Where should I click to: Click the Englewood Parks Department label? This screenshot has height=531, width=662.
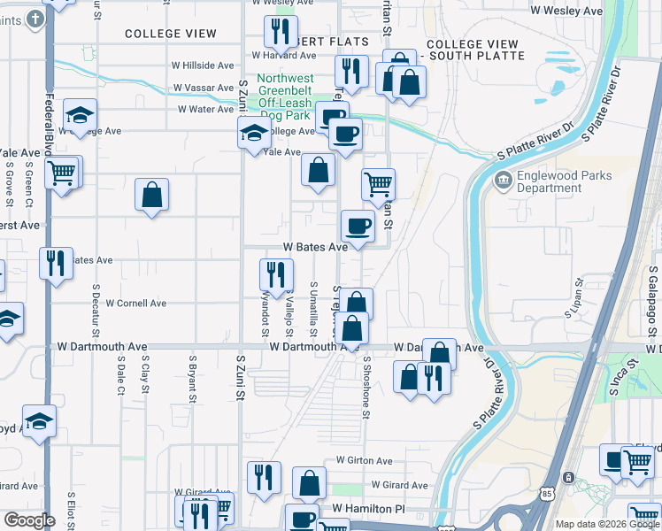565,182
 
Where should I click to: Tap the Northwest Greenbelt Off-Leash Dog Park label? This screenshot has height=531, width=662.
285,96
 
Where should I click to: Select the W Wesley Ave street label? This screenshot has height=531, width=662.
566,11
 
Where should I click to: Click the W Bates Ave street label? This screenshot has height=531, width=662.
315,248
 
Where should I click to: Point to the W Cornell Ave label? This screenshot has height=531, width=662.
135,303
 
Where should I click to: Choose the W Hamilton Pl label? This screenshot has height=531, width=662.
368,510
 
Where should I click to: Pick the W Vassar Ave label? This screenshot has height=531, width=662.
204,88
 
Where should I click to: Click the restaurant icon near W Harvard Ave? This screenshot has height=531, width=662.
281,32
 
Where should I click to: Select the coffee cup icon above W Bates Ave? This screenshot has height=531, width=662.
358,226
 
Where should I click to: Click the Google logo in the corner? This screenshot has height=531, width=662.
29,520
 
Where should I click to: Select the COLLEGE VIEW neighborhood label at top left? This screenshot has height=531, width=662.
171,34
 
